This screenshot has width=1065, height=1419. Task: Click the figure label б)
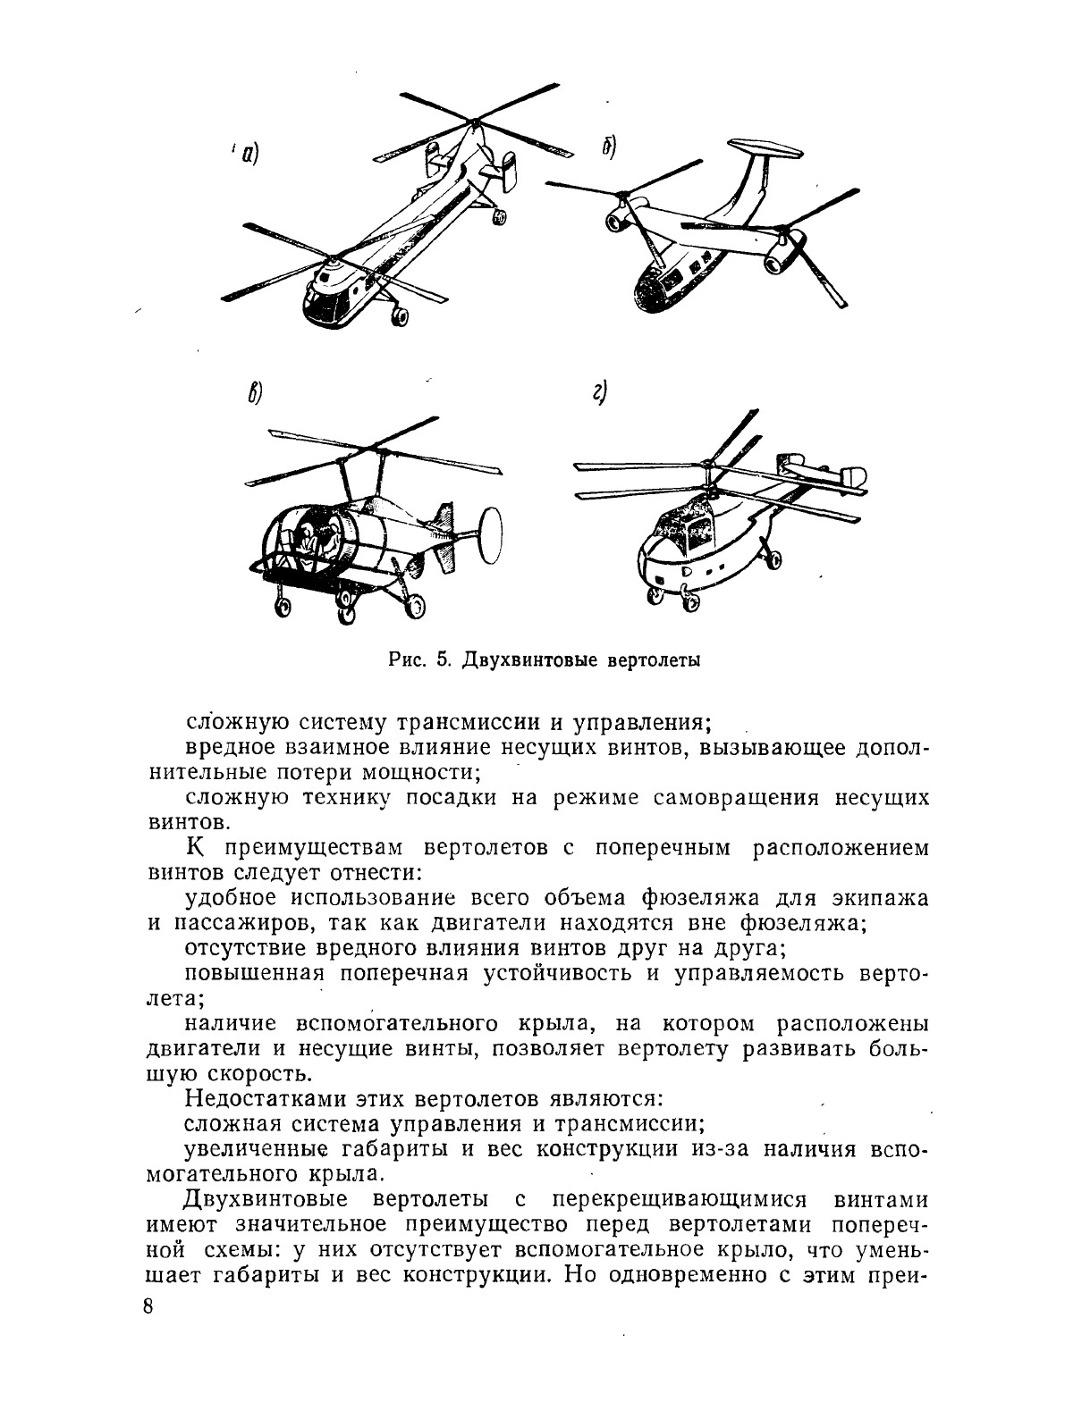(x=609, y=149)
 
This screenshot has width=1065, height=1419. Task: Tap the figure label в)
(x=254, y=394)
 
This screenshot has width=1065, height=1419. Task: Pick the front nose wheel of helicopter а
(x=399, y=315)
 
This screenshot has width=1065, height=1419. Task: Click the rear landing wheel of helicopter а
(x=499, y=216)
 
